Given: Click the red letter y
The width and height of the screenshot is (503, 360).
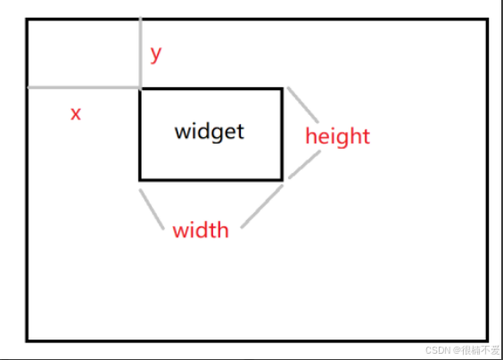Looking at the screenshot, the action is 156,55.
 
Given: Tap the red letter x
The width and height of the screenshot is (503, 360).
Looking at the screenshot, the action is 76,114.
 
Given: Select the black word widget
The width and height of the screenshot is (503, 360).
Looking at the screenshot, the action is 210,131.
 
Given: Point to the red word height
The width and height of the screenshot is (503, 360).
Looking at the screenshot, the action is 337,136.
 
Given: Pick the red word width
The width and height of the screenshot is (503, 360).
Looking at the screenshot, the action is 201,230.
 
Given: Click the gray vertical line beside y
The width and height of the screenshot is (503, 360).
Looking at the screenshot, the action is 141,52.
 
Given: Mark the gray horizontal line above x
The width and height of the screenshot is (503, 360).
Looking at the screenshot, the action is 84,87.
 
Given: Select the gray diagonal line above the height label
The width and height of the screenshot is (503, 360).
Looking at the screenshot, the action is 303,104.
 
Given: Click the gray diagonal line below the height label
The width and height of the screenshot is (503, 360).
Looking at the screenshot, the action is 304,164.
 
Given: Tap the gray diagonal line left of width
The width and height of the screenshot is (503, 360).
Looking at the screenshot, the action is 152,209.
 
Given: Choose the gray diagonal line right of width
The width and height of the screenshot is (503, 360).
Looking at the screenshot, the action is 262,207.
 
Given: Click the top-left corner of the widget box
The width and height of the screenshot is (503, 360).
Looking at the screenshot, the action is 140,89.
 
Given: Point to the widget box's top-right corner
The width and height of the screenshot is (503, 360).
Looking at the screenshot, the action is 282,89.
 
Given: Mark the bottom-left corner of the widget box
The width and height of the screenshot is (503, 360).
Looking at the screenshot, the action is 140,180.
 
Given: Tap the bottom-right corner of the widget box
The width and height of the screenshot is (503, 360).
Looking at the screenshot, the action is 282,180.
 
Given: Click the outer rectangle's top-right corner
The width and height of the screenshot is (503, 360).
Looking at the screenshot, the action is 487,20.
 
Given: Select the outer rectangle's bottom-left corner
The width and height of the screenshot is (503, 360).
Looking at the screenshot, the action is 27,340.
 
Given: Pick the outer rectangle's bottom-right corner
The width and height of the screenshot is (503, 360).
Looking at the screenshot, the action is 487,340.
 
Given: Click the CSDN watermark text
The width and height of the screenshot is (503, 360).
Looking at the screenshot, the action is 438,350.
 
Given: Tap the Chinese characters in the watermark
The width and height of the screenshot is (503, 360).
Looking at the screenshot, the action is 480,350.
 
